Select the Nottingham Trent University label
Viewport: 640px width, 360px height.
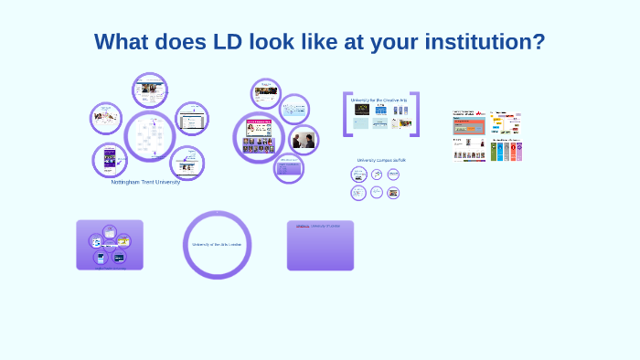(x=145, y=182)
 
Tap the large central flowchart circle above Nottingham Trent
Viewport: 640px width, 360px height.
(x=149, y=136)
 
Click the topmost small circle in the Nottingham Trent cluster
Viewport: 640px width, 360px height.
(x=149, y=90)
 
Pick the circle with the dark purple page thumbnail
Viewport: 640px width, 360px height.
(x=110, y=160)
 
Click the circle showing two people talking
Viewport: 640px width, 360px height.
(x=303, y=140)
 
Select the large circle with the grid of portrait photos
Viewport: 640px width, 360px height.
(x=258, y=137)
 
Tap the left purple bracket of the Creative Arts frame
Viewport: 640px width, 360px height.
(x=347, y=114)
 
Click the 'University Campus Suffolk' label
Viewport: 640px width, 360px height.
(x=380, y=160)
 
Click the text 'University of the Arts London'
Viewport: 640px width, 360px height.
(x=217, y=245)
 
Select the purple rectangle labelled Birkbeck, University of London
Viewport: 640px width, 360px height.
(x=320, y=245)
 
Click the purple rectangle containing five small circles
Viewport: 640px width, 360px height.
(x=110, y=245)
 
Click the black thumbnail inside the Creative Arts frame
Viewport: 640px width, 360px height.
(x=361, y=110)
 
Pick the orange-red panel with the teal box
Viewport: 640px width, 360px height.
(x=468, y=124)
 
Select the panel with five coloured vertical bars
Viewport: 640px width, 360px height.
(x=506, y=150)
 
